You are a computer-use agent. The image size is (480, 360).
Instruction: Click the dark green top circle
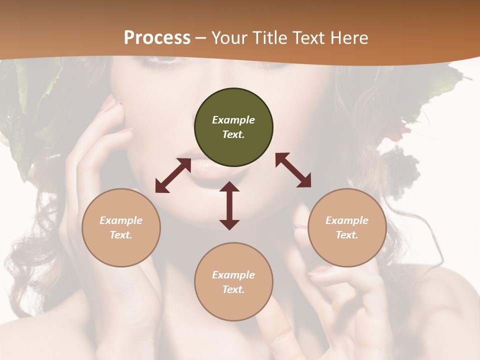233,127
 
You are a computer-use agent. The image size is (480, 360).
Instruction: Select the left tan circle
121,227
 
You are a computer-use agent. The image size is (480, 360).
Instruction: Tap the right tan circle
347,227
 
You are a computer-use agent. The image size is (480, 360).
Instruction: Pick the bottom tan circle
233,282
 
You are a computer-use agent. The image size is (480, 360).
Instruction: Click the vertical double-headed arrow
229,205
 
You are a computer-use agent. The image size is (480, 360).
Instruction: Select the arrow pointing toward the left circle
173,175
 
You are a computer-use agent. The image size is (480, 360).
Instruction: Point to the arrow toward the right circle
293,170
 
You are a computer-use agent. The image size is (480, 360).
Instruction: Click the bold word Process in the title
157,38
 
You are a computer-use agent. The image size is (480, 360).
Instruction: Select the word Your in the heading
229,38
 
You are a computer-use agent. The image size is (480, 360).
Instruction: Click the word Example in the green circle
233,120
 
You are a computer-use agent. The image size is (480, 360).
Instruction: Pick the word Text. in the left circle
121,235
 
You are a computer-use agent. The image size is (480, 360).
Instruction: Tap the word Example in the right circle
347,220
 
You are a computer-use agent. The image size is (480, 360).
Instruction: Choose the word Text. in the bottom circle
233,289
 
